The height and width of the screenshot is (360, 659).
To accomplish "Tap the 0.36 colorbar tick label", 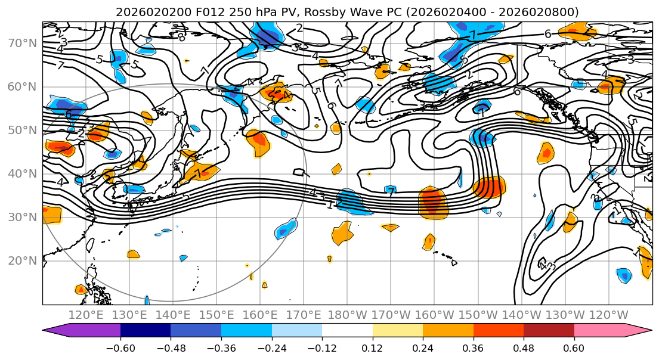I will (473, 347).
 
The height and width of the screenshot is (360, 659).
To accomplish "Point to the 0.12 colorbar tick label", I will (373, 347).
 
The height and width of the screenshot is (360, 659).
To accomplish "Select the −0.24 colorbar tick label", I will (271, 347).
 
